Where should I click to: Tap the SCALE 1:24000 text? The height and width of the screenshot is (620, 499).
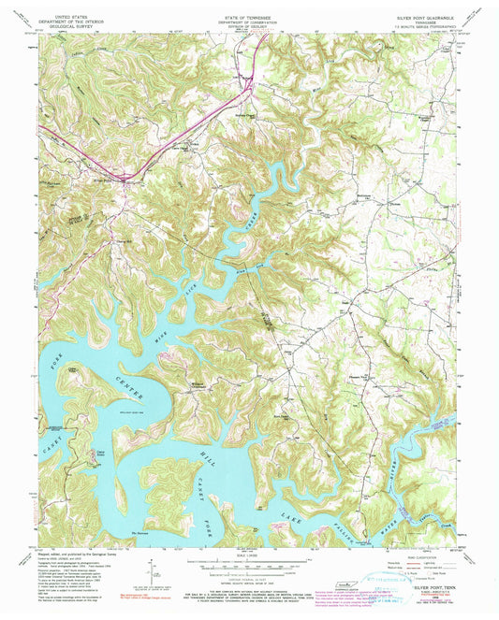click(247, 556)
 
